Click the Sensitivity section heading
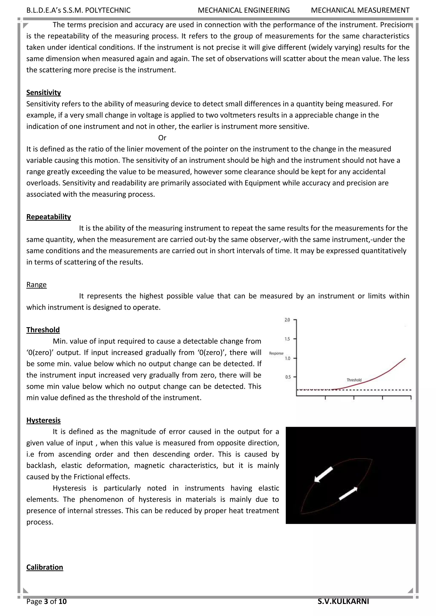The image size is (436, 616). [43, 93]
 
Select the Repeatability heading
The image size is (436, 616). [49, 217]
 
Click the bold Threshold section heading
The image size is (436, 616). [43, 330]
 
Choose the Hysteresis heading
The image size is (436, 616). [43, 420]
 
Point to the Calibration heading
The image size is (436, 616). [44, 567]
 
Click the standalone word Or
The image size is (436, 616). [162, 138]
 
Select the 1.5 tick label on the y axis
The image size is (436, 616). [287, 339]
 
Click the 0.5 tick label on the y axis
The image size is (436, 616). [288, 377]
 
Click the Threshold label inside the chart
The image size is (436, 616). [354, 380]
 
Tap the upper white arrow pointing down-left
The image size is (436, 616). [324, 474]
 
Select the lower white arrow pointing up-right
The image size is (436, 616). [348, 493]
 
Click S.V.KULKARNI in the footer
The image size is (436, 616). [343, 601]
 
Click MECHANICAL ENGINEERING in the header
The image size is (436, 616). [244, 10]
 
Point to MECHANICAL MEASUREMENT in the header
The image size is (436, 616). [360, 10]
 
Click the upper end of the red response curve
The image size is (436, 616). [405, 358]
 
